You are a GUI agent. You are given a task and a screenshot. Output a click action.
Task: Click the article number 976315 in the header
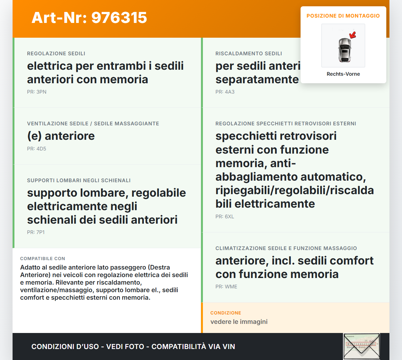(119, 18)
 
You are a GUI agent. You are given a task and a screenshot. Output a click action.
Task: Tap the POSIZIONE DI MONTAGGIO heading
(343, 16)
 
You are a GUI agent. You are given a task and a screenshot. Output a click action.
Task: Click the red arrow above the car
(353, 35)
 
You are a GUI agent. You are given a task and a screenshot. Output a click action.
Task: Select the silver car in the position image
(345, 50)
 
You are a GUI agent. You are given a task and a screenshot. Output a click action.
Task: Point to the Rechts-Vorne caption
(343, 74)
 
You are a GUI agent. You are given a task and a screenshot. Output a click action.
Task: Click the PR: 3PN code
(37, 92)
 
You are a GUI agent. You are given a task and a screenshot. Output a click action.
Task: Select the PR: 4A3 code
(225, 92)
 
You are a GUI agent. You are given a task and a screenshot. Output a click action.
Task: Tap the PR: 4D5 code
(36, 149)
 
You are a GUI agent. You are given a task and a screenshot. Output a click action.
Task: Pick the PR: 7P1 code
(36, 232)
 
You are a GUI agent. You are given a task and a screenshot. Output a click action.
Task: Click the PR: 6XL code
(225, 216)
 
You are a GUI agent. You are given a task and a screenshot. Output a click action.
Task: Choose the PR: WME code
(226, 286)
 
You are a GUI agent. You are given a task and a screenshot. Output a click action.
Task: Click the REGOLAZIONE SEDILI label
(56, 53)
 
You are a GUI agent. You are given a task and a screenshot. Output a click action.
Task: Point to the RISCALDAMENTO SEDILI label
(248, 53)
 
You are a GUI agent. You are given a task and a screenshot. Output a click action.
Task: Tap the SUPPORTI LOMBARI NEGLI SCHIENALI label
(79, 180)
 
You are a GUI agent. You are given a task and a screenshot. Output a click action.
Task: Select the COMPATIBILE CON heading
(42, 259)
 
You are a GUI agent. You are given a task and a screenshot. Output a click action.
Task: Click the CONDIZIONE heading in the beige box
(225, 313)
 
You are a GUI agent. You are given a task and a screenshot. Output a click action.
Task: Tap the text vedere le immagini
(239, 322)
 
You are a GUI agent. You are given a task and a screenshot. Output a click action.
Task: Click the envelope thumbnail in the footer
(361, 346)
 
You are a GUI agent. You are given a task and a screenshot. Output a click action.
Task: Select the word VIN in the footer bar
(229, 346)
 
